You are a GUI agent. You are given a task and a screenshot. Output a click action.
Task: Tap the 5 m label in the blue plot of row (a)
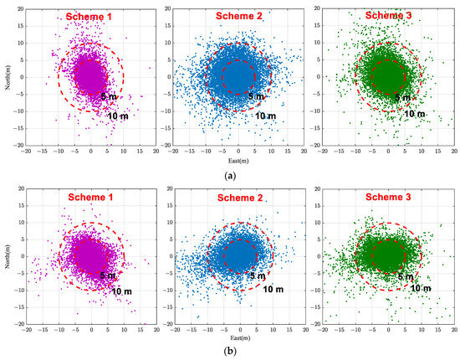click(x=257, y=97)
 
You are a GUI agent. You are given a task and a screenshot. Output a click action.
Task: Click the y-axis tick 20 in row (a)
click(x=19, y=9)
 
